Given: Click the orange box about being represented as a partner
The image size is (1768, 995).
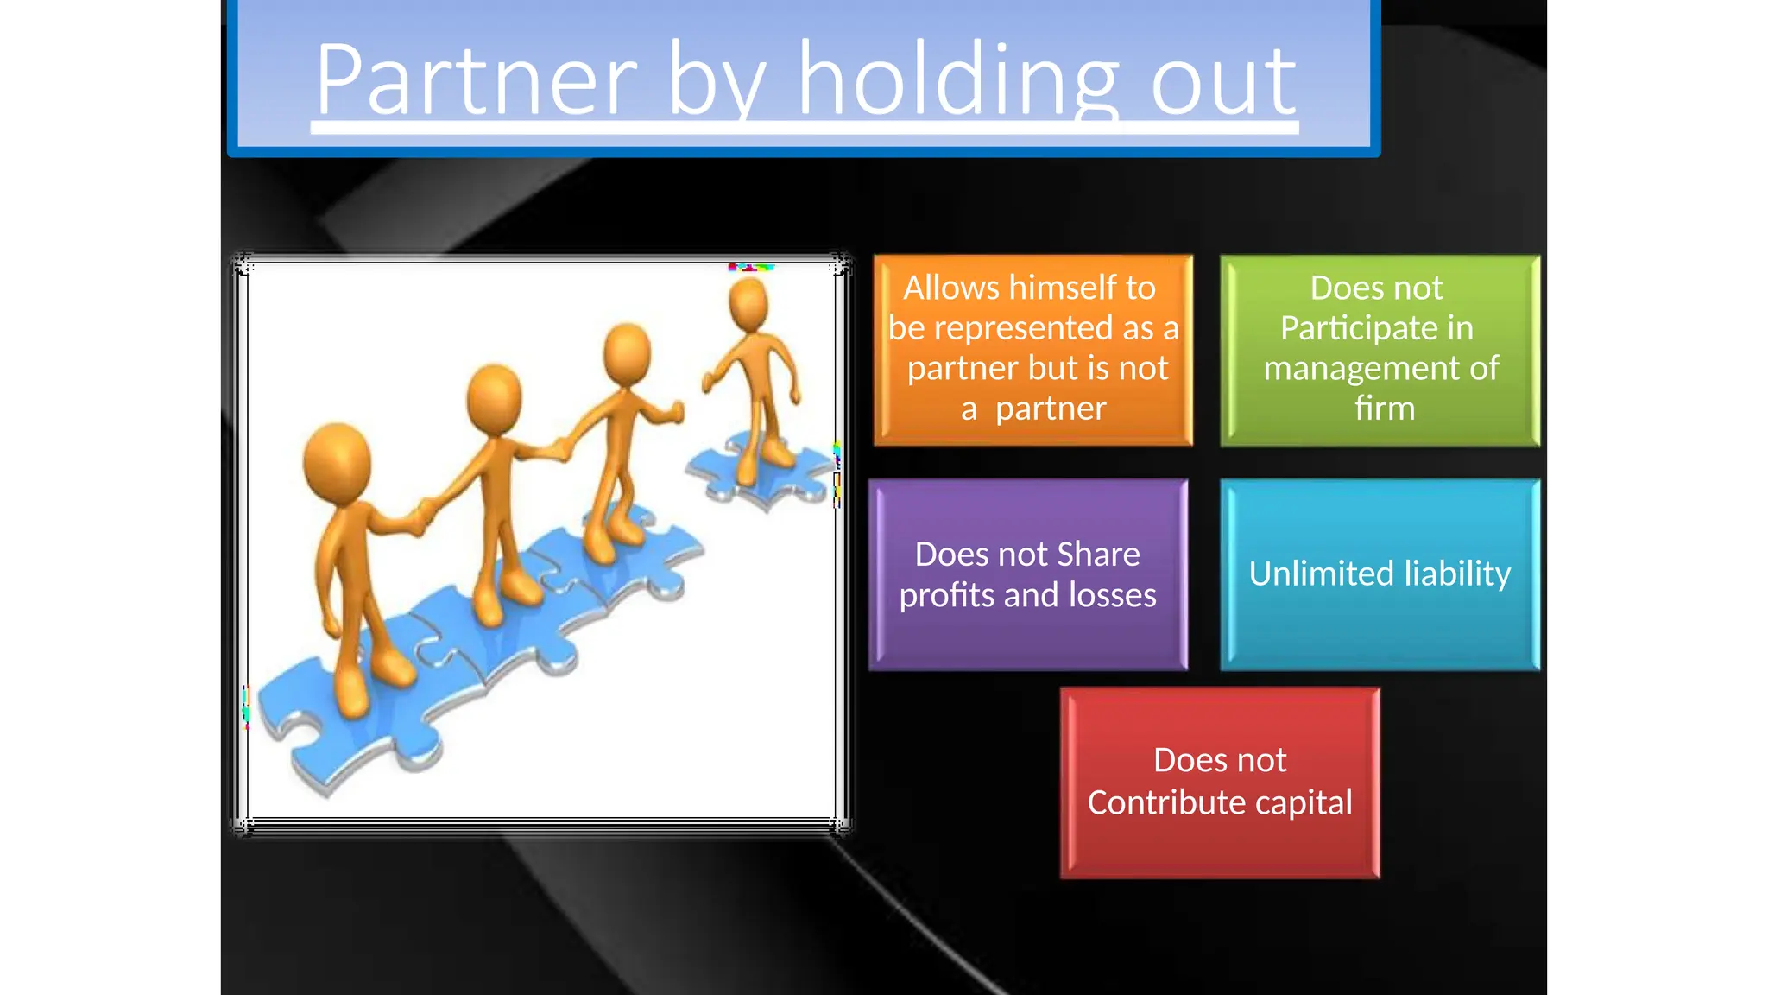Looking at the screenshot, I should [x=1032, y=350].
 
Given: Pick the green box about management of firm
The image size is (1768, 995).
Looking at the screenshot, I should [x=1380, y=350].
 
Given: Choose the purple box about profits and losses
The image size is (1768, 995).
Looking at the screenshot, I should [x=1027, y=574].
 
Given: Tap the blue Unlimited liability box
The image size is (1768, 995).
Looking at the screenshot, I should [x=1380, y=574].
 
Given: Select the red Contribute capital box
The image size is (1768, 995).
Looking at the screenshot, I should [x=1219, y=783].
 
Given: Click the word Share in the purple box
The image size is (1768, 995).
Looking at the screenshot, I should [x=1098, y=555].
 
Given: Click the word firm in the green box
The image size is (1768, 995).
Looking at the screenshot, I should [x=1384, y=408].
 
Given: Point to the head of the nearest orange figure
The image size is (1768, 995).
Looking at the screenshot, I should [x=337, y=462].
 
